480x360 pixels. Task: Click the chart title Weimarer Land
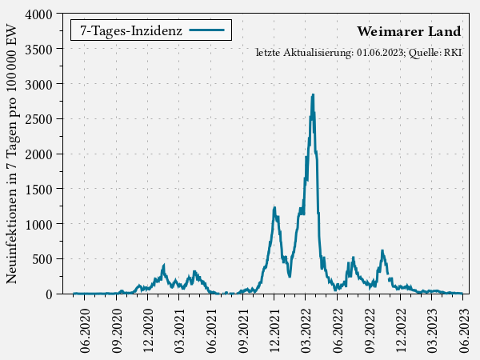(409, 32)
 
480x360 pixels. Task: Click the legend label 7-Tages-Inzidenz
(131, 30)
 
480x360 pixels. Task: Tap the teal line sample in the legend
(206, 30)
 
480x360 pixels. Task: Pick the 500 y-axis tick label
(43, 259)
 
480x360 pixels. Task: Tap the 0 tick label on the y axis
(49, 294)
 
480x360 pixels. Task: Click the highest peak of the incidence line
(313, 94)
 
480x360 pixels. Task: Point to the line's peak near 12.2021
(274, 207)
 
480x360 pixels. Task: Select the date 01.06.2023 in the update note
(380, 53)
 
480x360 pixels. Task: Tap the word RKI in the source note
(454, 53)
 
